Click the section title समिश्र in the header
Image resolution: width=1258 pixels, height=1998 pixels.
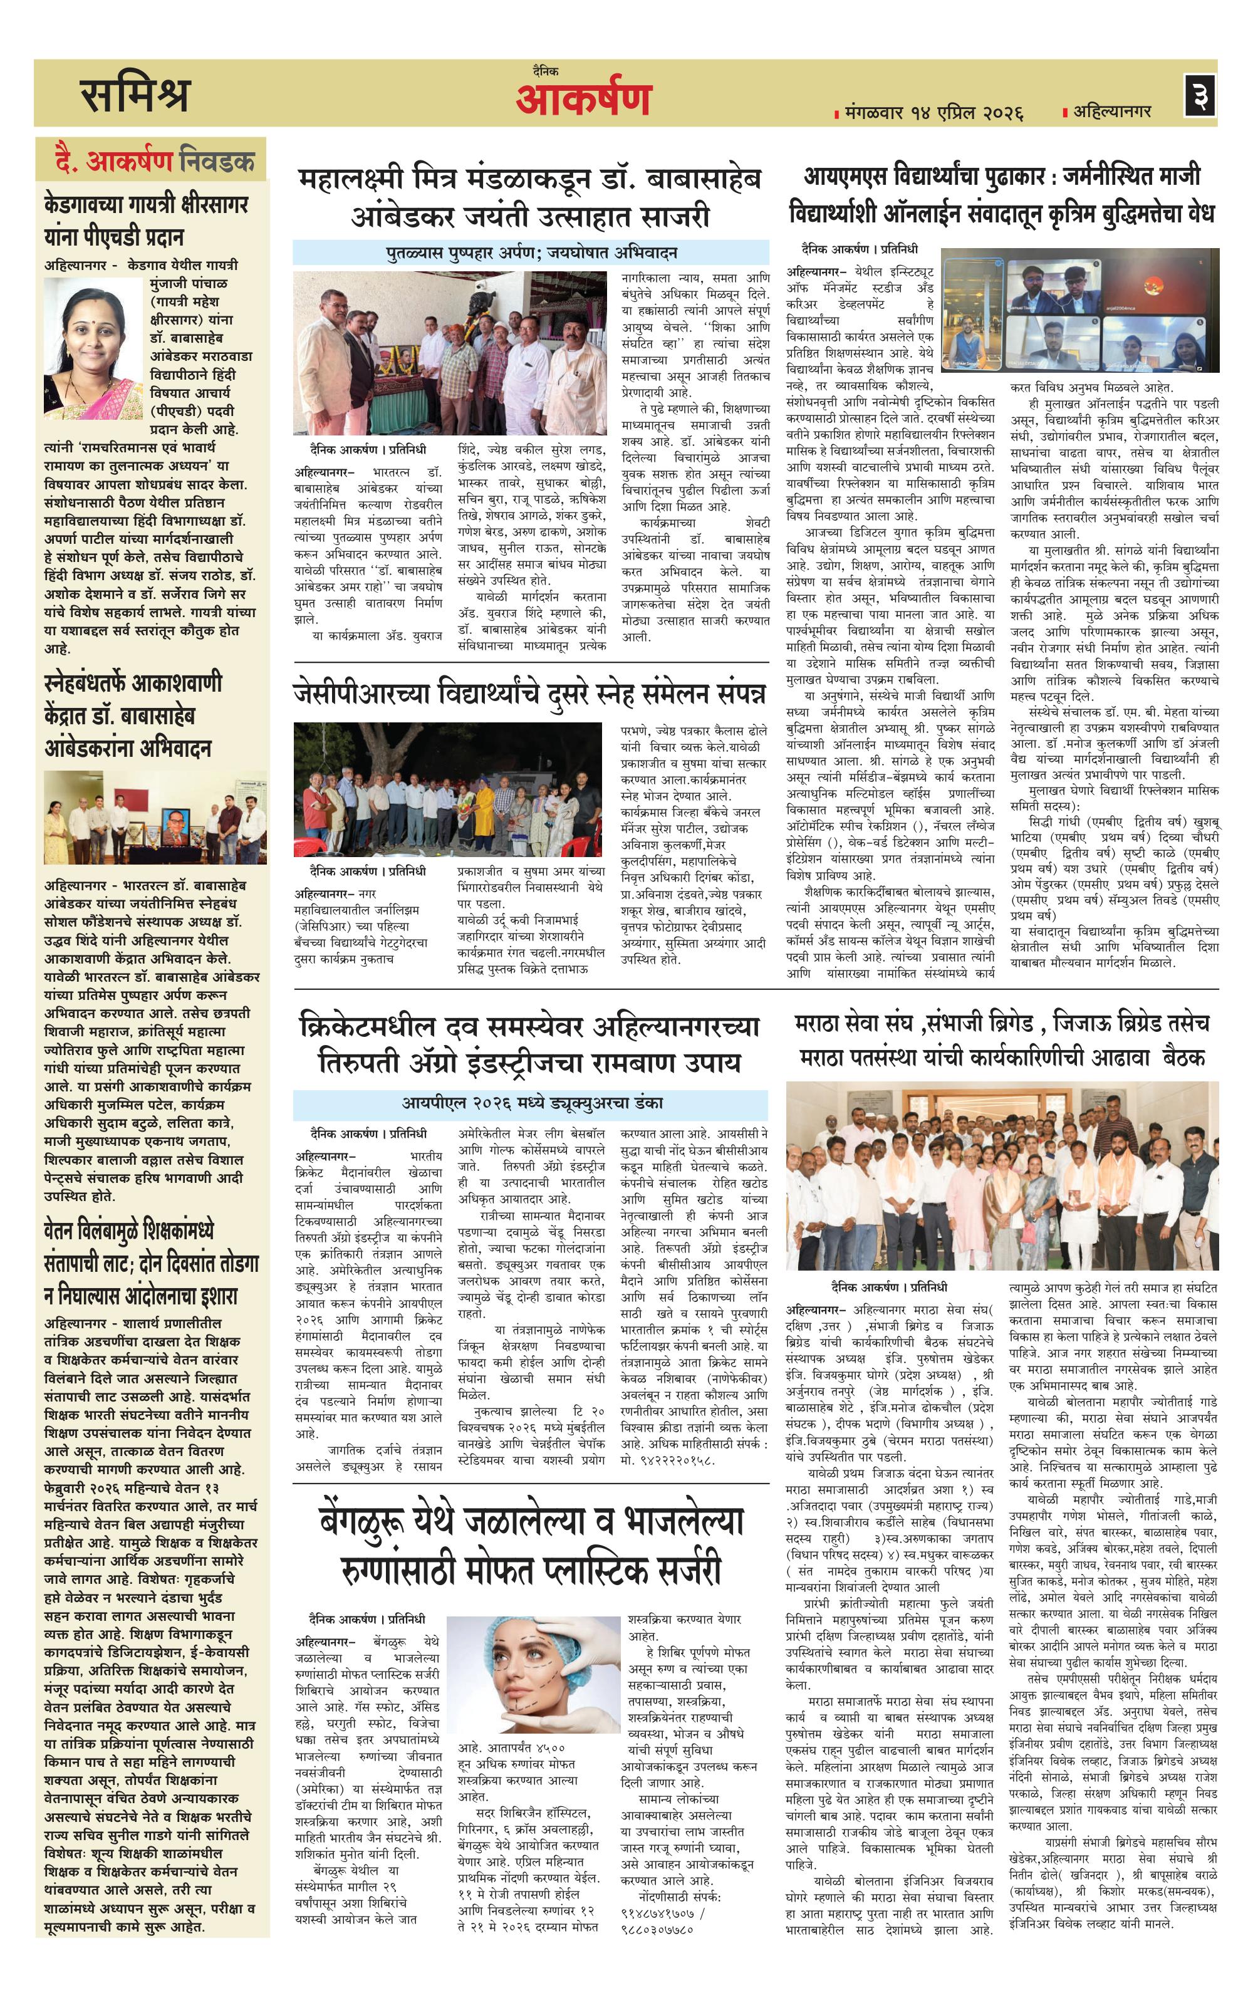coord(135,94)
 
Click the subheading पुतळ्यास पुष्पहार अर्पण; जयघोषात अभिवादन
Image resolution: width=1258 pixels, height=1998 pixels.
coord(532,252)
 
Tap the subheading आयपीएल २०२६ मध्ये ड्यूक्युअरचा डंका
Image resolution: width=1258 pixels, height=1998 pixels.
coord(532,1103)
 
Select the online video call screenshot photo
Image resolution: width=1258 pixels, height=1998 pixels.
coord(1079,315)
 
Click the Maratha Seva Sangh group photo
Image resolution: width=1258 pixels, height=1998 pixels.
coord(1002,1175)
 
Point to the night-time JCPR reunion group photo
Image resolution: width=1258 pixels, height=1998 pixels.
coord(448,789)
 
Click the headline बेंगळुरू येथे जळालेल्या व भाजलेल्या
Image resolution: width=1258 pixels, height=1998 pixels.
coord(531,1522)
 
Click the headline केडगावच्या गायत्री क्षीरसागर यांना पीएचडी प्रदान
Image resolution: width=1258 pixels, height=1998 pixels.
coord(146,220)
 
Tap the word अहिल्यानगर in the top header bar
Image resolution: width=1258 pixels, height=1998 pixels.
coord(1112,111)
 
